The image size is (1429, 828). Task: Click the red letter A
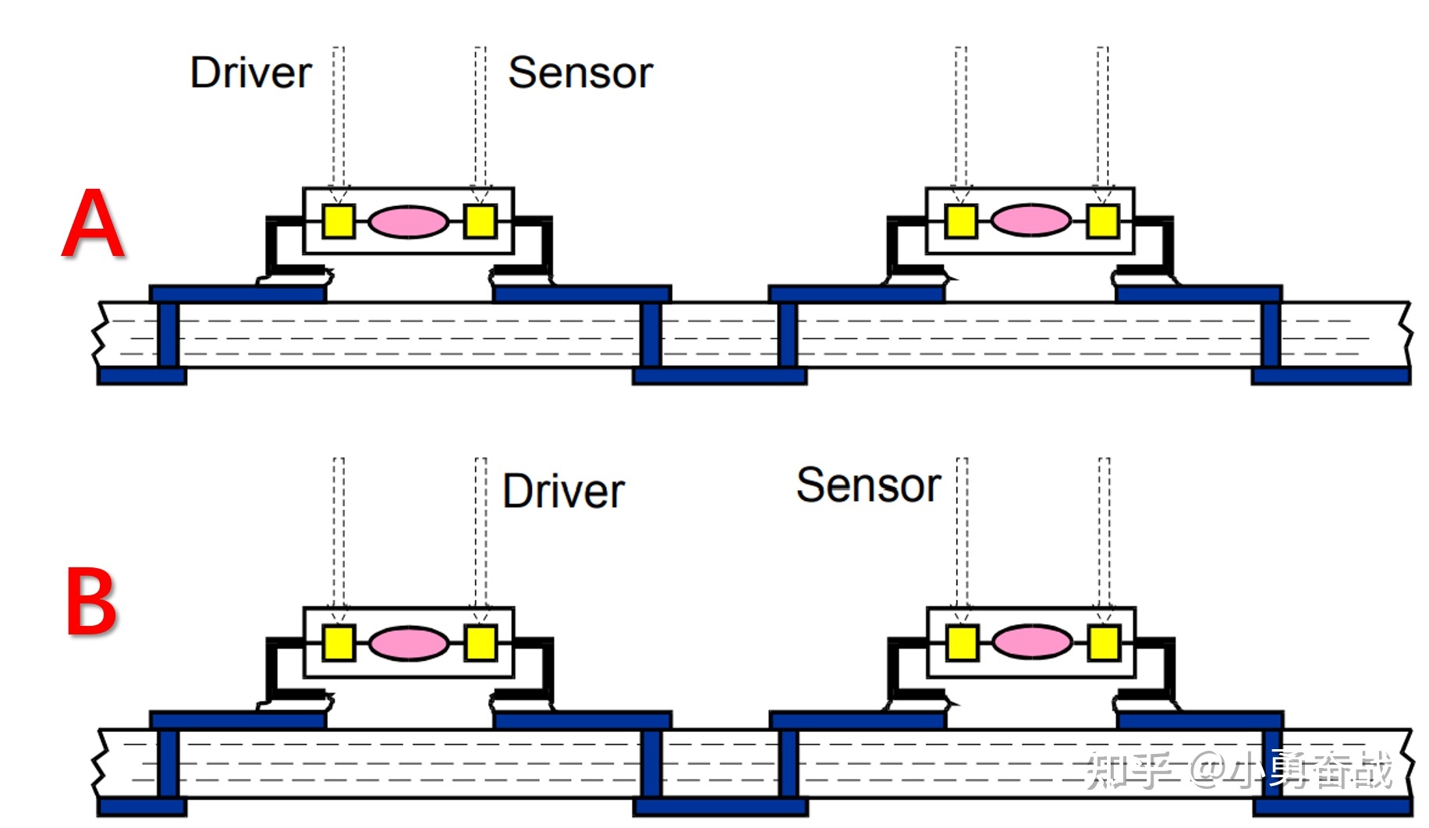(x=94, y=224)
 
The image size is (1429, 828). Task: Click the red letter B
(x=90, y=602)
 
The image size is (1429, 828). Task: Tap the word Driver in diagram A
(x=250, y=73)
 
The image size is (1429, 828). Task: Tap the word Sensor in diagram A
(x=580, y=73)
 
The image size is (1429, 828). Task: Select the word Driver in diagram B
(x=563, y=492)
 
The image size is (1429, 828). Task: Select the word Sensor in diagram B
(x=868, y=485)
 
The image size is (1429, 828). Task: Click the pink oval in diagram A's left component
(x=408, y=222)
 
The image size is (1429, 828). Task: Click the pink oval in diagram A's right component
(x=1030, y=221)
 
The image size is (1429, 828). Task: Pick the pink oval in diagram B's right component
(x=1032, y=643)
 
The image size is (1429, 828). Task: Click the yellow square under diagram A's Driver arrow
(x=339, y=221)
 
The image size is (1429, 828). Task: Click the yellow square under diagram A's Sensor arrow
(x=480, y=221)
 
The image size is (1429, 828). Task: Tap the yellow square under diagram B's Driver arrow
(x=480, y=644)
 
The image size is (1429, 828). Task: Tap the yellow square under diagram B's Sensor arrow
(x=962, y=644)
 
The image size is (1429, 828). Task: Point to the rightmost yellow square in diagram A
(x=1102, y=221)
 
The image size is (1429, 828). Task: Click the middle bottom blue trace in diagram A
(x=719, y=376)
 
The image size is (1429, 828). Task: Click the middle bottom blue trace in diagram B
(x=720, y=806)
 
